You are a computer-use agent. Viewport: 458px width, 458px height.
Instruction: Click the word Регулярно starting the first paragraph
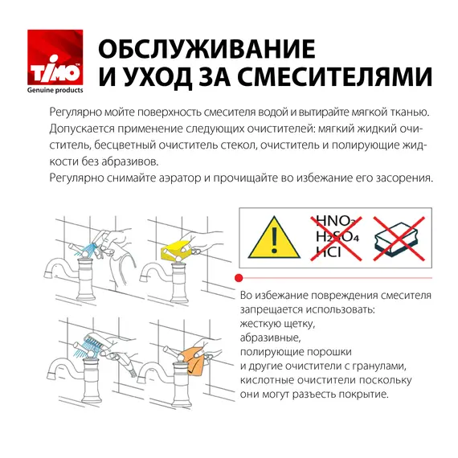pyautogui.click(x=76, y=112)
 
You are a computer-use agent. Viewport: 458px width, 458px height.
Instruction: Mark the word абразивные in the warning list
pyautogui.click(x=271, y=338)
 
